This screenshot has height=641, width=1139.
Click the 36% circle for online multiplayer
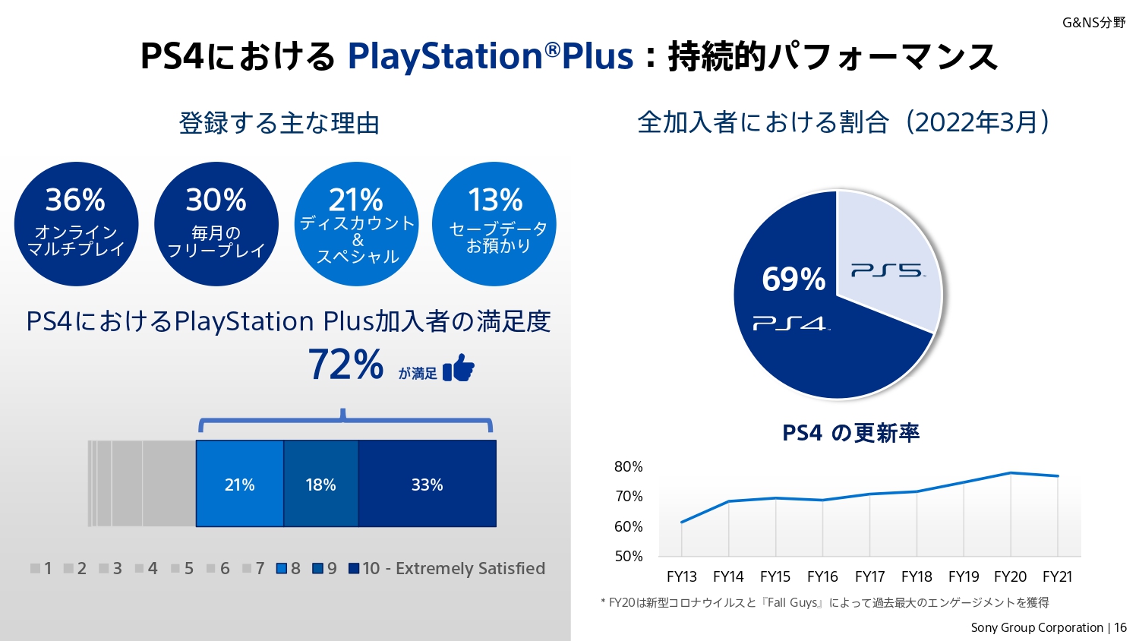coord(76,224)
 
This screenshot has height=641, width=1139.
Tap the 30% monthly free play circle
coord(216,224)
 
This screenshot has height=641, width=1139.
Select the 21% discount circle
coord(357,224)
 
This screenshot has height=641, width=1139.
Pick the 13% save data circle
coord(494,224)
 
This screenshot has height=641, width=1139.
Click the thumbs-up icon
coord(459,368)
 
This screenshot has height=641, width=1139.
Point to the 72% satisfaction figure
coord(346,365)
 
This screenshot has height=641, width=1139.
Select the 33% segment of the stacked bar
coord(427,485)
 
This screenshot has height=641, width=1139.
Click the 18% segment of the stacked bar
coord(320,485)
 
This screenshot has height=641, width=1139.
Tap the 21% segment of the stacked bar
coord(240,485)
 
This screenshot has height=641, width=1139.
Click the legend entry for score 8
coord(289,568)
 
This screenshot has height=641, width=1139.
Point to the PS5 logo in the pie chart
coord(887,271)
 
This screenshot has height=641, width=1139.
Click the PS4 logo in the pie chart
coord(790,324)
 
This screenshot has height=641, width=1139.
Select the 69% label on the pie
coord(794,279)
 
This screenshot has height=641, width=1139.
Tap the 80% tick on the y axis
coord(629,466)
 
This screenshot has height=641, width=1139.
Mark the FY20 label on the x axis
coord(1010,576)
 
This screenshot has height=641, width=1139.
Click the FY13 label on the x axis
coord(682,576)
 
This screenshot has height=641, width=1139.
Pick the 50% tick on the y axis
coord(629,556)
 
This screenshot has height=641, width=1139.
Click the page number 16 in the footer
coord(1120,627)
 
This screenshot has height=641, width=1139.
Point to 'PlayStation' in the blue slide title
coord(445,57)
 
